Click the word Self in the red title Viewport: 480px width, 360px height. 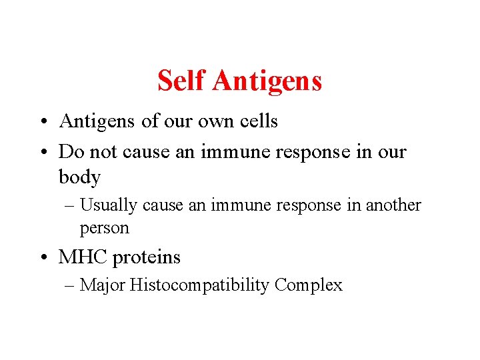[183, 81]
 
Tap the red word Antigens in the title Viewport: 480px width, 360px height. [268, 81]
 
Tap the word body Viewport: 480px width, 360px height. [79, 178]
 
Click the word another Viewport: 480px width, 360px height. [393, 205]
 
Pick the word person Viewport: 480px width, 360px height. [104, 229]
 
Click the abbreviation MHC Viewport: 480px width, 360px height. [83, 257]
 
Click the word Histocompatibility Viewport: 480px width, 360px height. [200, 285]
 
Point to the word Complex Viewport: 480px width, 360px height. [308, 285]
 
